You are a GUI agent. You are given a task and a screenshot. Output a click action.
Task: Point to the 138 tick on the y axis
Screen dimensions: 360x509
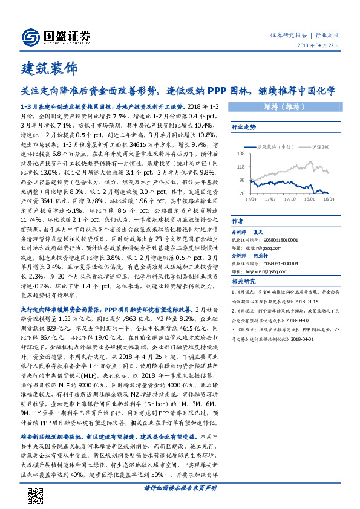[240, 155]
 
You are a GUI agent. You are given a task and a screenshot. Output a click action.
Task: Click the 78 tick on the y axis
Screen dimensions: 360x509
[241, 193]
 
